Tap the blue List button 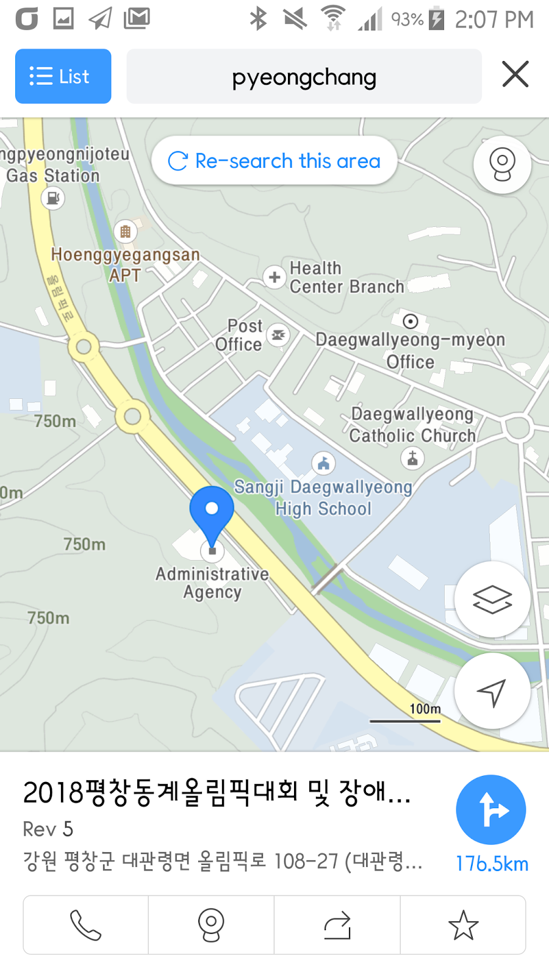tap(63, 76)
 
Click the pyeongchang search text tap(304, 77)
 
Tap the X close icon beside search tap(515, 74)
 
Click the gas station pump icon tap(53, 198)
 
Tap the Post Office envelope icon tap(278, 335)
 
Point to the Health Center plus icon tap(274, 277)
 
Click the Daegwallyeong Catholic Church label tap(412, 425)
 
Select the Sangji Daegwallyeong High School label tap(323, 498)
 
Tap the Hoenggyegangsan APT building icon tap(125, 232)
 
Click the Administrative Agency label tap(212, 583)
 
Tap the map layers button tap(492, 599)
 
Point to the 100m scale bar tap(405, 720)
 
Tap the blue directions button tap(490, 809)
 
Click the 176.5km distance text tap(492, 864)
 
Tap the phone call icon tap(85, 925)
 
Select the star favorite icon tap(463, 925)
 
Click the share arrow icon tap(337, 925)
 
